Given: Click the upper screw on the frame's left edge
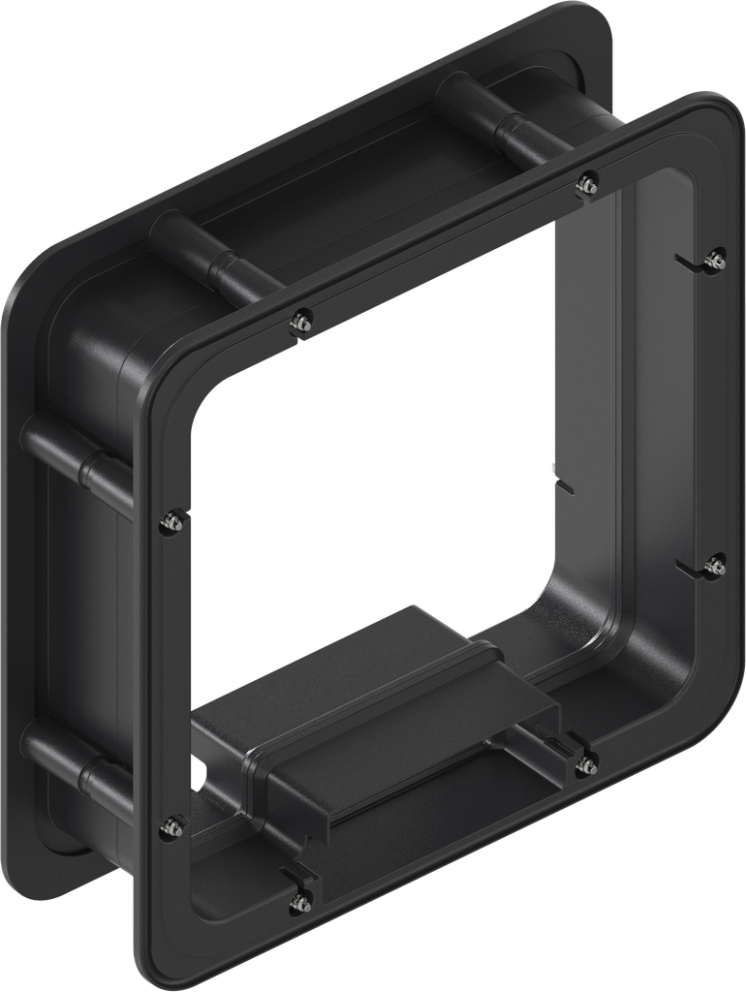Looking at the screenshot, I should (x=171, y=520).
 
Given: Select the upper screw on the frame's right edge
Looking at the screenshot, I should (x=717, y=259).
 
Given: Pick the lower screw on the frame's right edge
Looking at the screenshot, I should (x=715, y=566).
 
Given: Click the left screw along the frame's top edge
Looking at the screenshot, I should (x=302, y=323).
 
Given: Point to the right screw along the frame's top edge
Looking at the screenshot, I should (x=586, y=182).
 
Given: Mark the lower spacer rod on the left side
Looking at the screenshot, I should (x=78, y=765).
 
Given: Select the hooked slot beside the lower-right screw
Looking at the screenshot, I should (x=690, y=570).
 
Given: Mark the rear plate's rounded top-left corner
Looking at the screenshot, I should (x=29, y=281).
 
